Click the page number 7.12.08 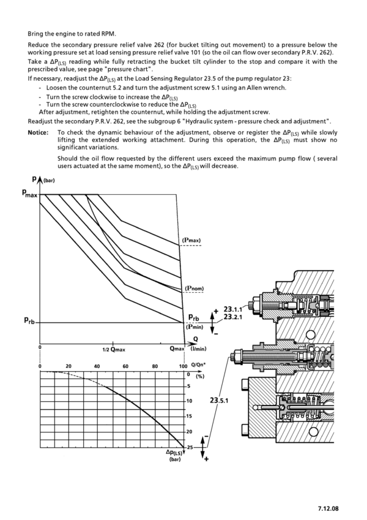click(x=328, y=508)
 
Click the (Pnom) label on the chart click(x=194, y=288)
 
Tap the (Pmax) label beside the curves click(x=191, y=239)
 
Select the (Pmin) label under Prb click(x=195, y=326)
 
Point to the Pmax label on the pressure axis click(x=30, y=193)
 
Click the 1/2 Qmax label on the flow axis click(x=114, y=350)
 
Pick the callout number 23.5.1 click(x=219, y=401)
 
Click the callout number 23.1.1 click(x=233, y=310)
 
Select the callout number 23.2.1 click(x=233, y=317)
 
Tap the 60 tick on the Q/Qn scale click(x=125, y=366)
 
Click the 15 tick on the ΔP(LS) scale click(x=189, y=416)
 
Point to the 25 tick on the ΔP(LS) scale click(x=190, y=447)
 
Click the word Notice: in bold click(x=38, y=133)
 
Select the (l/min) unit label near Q click(x=198, y=349)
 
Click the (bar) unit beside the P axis click(x=49, y=181)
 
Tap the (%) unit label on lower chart click(x=200, y=376)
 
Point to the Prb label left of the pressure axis click(x=29, y=320)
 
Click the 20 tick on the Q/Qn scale click(x=69, y=366)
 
